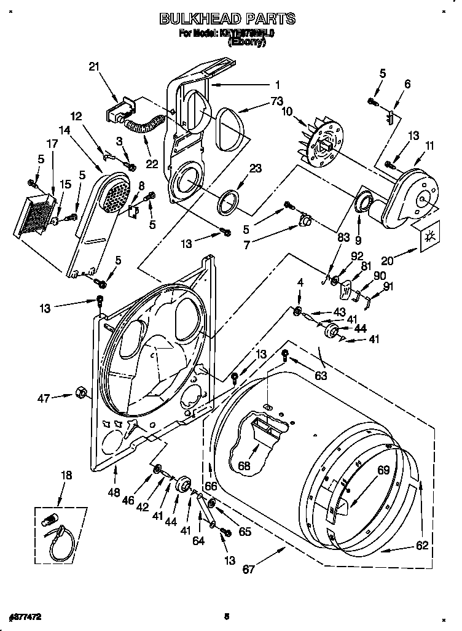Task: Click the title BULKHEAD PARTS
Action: pos(227,19)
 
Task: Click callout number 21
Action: pos(94,67)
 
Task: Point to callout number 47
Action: pos(43,398)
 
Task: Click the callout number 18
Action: pos(66,475)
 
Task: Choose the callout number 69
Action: pos(383,471)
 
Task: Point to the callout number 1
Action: pos(277,85)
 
